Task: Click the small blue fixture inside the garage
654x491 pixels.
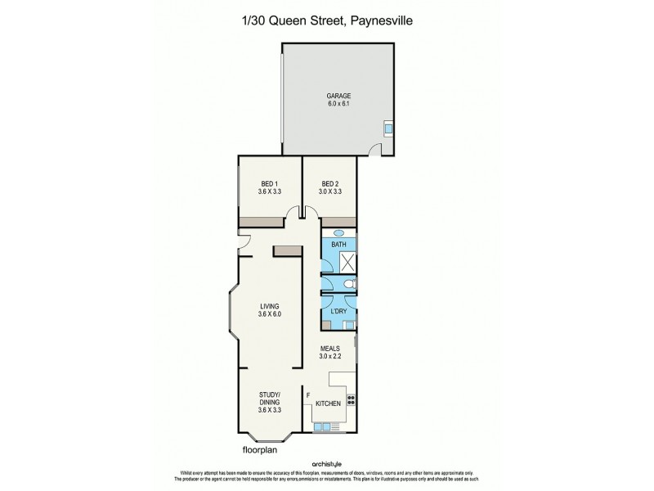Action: (389, 128)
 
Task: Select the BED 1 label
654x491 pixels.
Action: (270, 182)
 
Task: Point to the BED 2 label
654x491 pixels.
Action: (329, 182)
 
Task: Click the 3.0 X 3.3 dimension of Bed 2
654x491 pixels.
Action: (329, 191)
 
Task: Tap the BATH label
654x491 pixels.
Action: (338, 243)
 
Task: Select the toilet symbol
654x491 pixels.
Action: (348, 284)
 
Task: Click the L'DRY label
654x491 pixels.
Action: (338, 312)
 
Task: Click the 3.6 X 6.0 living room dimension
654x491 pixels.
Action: (270, 314)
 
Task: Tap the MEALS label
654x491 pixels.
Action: (330, 348)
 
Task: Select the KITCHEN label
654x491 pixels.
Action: (327, 403)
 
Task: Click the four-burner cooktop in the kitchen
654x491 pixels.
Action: (352, 400)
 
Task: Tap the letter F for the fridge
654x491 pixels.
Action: (308, 396)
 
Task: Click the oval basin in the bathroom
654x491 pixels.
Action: (338, 232)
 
